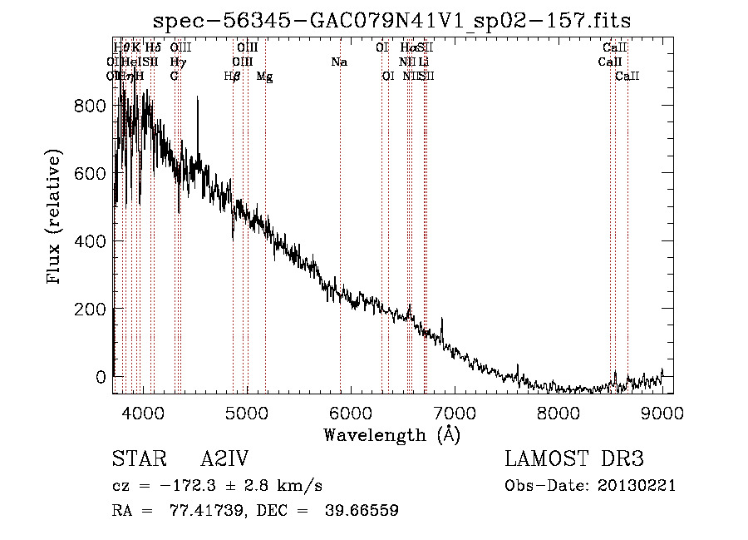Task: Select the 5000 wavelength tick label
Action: pos(246,413)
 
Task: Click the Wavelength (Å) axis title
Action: pos(391,434)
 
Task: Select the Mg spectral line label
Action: pos(264,77)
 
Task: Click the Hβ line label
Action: pos(233,77)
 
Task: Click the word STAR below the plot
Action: pos(138,460)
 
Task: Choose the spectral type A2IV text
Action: pos(224,460)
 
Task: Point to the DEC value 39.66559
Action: pos(360,511)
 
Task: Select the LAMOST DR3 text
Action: pos(573,460)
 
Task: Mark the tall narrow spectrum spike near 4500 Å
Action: pos(198,99)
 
